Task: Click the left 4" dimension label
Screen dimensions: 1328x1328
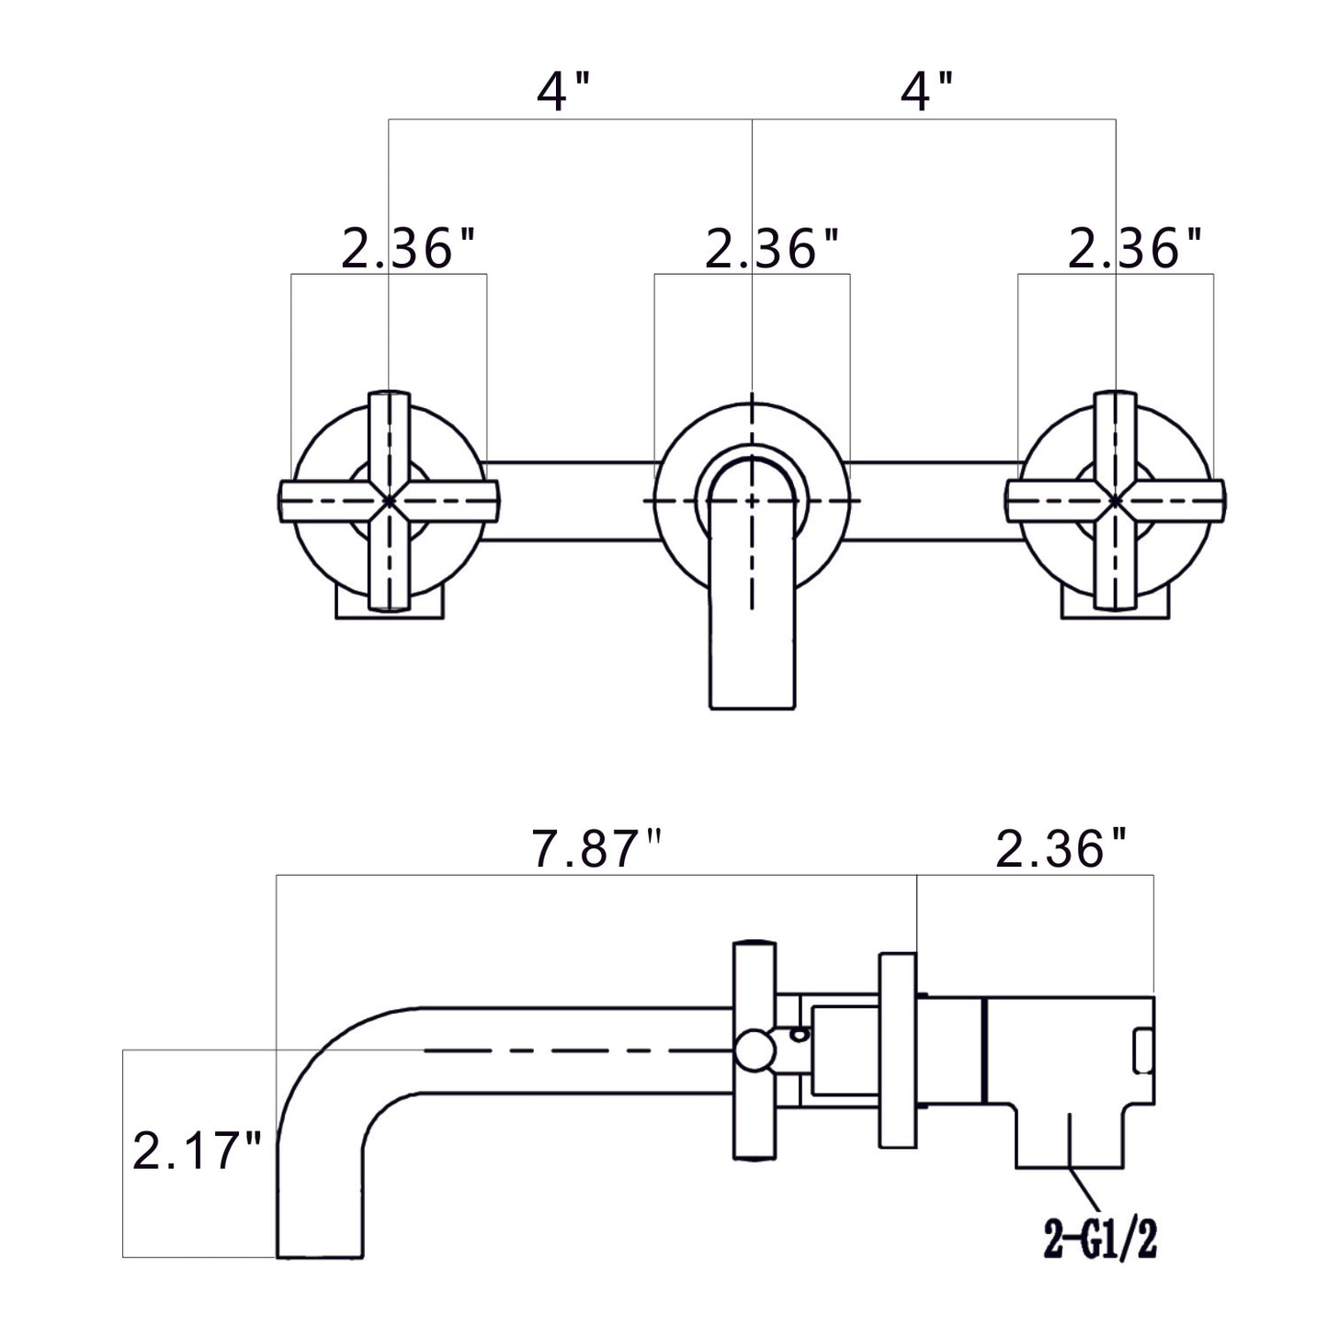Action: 563,92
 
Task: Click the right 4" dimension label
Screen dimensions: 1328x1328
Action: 925,92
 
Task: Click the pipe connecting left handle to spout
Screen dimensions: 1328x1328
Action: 570,500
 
